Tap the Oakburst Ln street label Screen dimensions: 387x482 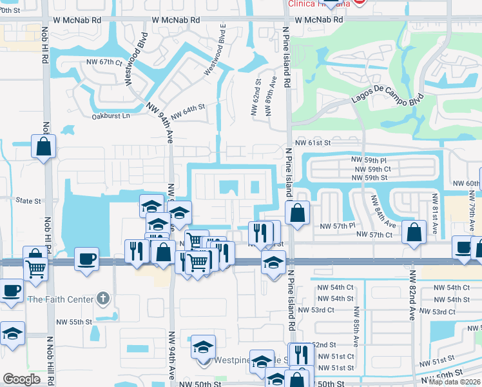(x=110, y=116)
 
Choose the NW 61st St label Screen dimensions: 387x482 (x=313, y=143)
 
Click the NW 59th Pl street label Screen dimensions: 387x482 (x=369, y=159)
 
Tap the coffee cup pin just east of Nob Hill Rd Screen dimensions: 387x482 (x=86, y=259)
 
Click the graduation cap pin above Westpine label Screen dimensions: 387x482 (x=203, y=347)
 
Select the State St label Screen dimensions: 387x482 (x=28, y=201)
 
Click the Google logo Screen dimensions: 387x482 (x=21, y=379)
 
